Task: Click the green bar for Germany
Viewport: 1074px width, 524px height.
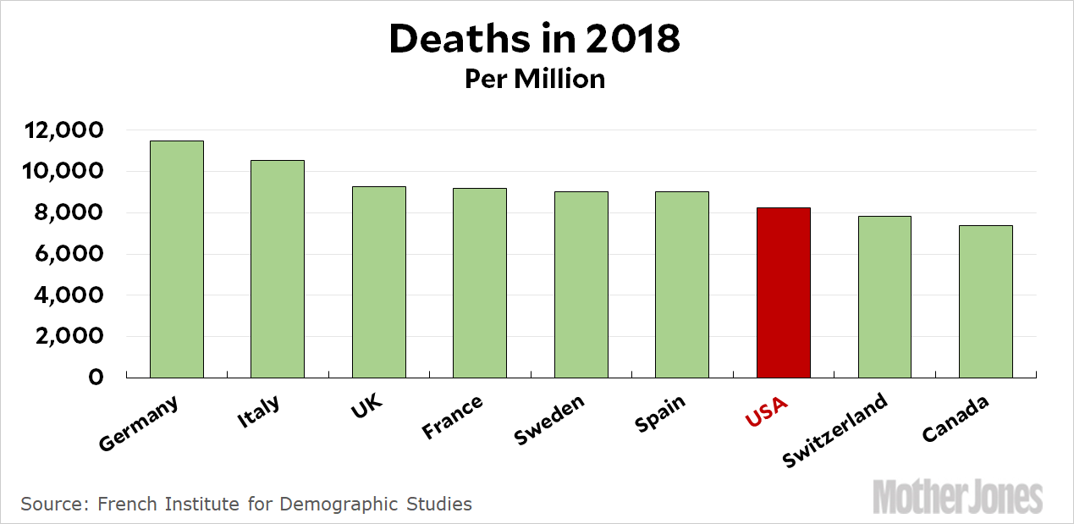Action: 176,259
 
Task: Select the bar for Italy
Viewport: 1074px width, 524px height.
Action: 278,268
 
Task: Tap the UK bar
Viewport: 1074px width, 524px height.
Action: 378,282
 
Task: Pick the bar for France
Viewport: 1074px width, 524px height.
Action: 480,283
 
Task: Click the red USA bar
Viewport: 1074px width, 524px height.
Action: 783,292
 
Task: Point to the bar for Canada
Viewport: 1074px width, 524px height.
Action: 985,301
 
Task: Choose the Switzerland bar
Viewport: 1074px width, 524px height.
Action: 884,296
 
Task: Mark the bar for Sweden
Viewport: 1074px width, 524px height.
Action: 581,284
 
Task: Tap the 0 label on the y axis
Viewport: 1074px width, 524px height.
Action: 96,378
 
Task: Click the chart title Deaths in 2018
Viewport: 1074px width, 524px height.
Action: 535,39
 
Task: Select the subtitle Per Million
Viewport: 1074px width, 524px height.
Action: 535,79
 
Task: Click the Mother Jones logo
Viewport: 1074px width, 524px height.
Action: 957,495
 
